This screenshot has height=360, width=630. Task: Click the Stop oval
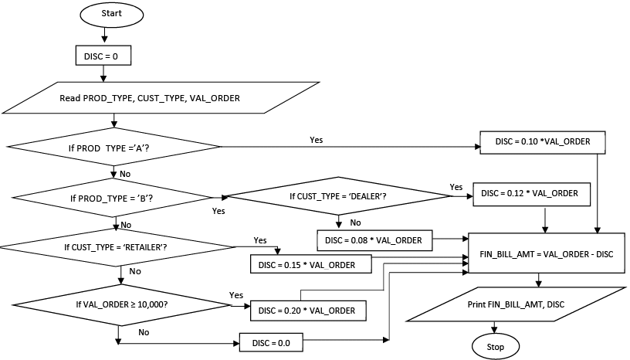(x=496, y=347)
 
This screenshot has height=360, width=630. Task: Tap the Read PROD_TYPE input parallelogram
(x=149, y=98)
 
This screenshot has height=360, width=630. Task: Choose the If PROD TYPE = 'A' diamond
(x=114, y=146)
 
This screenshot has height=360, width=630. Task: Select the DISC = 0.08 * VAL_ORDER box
(x=373, y=240)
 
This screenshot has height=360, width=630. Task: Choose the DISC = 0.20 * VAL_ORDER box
(x=308, y=311)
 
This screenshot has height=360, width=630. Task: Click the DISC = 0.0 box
(x=271, y=341)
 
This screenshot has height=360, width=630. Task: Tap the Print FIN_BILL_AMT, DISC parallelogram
(x=516, y=304)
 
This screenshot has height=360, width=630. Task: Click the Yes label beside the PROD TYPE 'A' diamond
(x=317, y=140)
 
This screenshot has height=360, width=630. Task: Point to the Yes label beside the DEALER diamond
(x=456, y=187)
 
